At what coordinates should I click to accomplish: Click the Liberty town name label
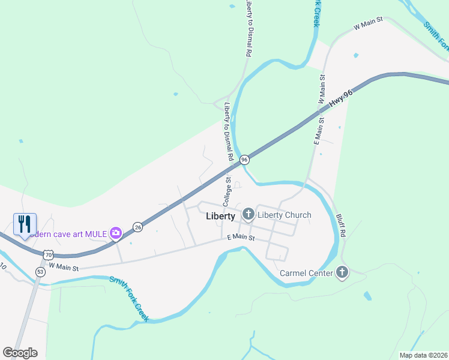pos(220,217)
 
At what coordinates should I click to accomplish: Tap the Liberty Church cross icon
pos(248,214)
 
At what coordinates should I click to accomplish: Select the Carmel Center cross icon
pos(342,273)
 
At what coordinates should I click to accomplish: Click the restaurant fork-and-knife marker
pos(25,224)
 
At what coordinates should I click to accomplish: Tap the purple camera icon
pos(116,233)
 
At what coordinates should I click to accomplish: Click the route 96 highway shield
pos(244,160)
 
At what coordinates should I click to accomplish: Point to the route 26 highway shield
pos(138,227)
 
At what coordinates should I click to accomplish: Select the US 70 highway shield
pos(47,255)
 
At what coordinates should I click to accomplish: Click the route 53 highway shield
pos(40,272)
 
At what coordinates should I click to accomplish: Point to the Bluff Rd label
pos(341,226)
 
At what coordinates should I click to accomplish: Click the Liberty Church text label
pos(285,215)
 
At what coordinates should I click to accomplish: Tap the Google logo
pos(20,353)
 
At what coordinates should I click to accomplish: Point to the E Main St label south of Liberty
pos(241,238)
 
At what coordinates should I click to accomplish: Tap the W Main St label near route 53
pos(64,265)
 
